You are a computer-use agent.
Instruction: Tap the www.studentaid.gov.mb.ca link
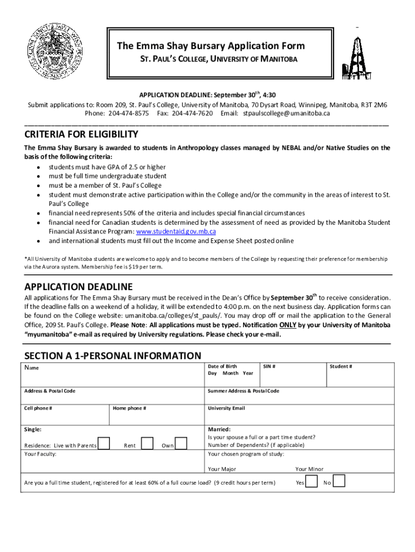(176, 231)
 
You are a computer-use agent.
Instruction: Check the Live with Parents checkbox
(105, 443)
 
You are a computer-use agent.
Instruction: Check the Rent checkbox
(146, 443)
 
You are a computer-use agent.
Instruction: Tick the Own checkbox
(181, 443)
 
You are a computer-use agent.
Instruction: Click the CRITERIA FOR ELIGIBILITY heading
(81, 134)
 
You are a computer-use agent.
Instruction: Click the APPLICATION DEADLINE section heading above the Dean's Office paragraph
(78, 287)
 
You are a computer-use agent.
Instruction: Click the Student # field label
(341, 367)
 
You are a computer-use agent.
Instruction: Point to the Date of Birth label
(222, 367)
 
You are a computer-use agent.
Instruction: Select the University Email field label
(226, 408)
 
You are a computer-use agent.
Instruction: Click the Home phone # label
(129, 408)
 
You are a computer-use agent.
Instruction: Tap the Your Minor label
(309, 469)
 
